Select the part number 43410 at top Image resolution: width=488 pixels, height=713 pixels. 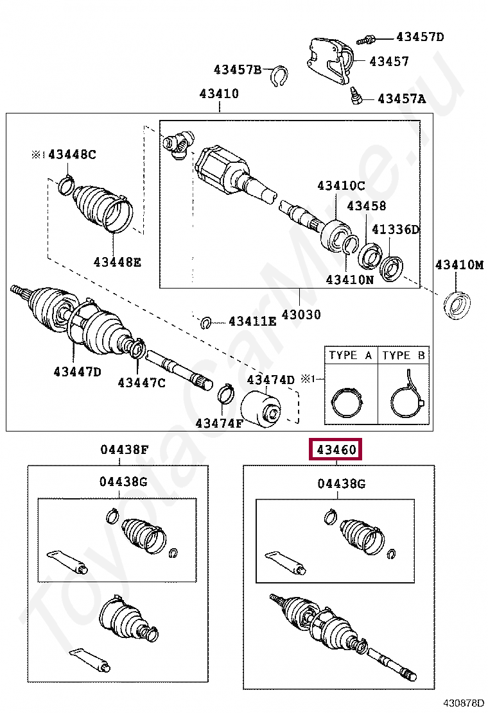click(x=219, y=94)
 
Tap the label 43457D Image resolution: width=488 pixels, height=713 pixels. click(x=420, y=37)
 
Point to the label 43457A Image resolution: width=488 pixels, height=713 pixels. click(x=401, y=99)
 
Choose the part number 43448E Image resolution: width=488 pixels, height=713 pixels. click(x=117, y=262)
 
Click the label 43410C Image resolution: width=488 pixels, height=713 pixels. click(x=340, y=186)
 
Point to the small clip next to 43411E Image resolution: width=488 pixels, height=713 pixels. click(x=206, y=322)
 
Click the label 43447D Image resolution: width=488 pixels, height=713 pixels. click(x=77, y=371)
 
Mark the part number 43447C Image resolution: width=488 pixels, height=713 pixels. click(x=141, y=383)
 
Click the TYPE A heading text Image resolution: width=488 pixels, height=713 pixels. click(x=351, y=355)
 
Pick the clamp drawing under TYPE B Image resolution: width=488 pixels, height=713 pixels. click(x=405, y=401)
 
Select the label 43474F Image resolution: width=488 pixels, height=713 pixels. click(x=220, y=423)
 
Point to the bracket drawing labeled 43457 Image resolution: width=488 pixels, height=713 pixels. click(x=329, y=61)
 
